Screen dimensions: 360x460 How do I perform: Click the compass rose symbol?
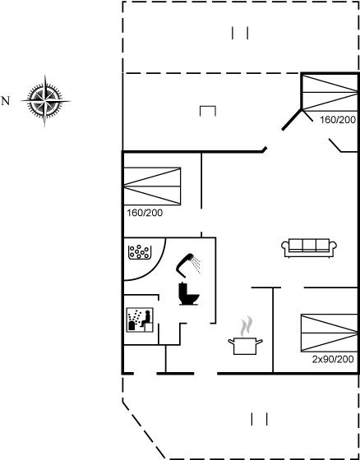[x=45, y=101]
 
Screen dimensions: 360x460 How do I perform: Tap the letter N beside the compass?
[x=6, y=101]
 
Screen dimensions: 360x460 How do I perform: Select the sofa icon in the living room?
[x=309, y=248]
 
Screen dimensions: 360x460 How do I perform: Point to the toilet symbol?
[x=189, y=294]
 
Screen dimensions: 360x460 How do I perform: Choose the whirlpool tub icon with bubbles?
[x=140, y=252]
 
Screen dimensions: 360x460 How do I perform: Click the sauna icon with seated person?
[x=140, y=320]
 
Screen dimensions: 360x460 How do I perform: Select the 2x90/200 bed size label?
[x=333, y=360]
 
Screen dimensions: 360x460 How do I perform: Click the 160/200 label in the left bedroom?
[x=145, y=213]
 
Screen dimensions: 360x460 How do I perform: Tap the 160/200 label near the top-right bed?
[x=338, y=120]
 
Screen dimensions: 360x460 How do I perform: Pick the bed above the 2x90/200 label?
[x=329, y=333]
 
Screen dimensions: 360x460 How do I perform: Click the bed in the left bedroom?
[x=152, y=186]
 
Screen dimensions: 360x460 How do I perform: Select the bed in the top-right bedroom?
[x=330, y=93]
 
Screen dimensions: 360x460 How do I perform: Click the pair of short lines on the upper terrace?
[x=240, y=33]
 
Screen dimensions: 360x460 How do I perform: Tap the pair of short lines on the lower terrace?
[x=259, y=419]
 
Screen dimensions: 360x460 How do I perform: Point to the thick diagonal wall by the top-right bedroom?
[x=292, y=119]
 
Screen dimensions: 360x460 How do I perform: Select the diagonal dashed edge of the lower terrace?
[x=144, y=430]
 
